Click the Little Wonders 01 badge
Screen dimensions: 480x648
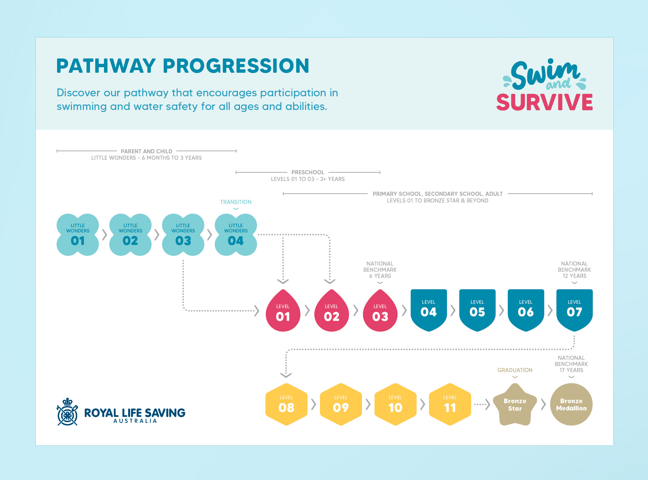pyautogui.click(x=77, y=235)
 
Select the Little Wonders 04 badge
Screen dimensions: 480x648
pyautogui.click(x=236, y=235)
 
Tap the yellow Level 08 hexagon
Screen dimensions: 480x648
pyautogui.click(x=286, y=404)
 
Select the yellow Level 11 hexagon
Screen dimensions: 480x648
pyautogui.click(x=450, y=404)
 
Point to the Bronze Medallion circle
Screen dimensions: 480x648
pyautogui.click(x=571, y=404)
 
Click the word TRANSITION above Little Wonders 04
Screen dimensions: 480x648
pyautogui.click(x=236, y=202)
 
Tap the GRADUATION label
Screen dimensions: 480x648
pyautogui.click(x=515, y=370)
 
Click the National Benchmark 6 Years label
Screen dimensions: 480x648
pyautogui.click(x=380, y=270)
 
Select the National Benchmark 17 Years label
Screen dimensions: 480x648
pyautogui.click(x=571, y=364)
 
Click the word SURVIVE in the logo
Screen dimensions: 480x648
pyautogui.click(x=544, y=102)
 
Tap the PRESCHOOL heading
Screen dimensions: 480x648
pyautogui.click(x=308, y=172)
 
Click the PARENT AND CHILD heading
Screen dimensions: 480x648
pyautogui.click(x=146, y=151)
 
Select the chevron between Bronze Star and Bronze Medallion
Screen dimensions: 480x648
pyautogui.click(x=543, y=404)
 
